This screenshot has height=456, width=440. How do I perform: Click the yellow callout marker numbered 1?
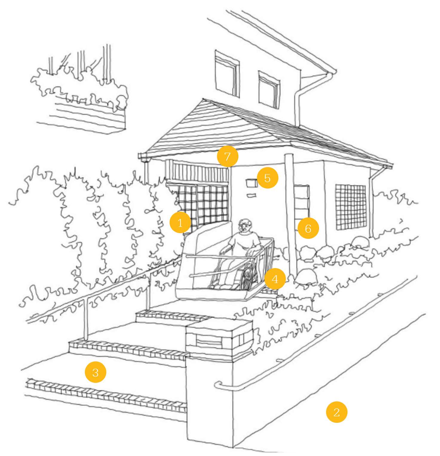[x=180, y=222]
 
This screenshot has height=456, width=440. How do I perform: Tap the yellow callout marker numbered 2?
[x=337, y=412]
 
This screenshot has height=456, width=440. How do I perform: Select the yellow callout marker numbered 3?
[x=96, y=372]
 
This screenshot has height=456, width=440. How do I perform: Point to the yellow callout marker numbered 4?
[x=275, y=279]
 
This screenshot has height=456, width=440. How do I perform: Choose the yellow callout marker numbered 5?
[x=268, y=178]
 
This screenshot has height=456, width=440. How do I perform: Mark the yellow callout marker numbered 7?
[x=228, y=156]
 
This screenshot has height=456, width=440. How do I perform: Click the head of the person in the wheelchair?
[x=245, y=226]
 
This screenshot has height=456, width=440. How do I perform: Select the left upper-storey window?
[x=227, y=74]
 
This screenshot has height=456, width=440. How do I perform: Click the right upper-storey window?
[x=269, y=90]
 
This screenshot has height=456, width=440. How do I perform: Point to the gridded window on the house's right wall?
[x=351, y=207]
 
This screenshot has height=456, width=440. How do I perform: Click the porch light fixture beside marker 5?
[x=251, y=183]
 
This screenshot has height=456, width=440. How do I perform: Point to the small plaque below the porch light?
[x=252, y=196]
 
